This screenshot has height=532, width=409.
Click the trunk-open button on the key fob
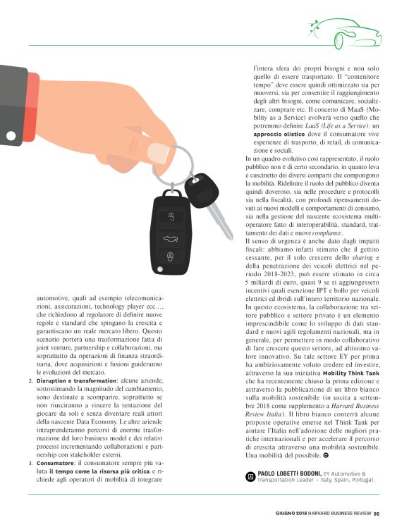pos(169,237)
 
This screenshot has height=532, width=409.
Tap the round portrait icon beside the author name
pos(249,497)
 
